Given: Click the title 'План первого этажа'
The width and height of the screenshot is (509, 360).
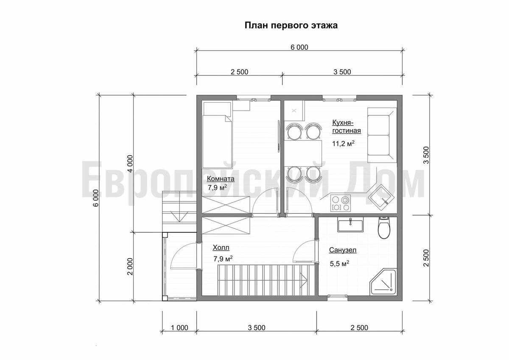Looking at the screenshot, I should pyautogui.click(x=291, y=26).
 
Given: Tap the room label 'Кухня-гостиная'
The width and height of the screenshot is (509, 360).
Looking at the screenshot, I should pyautogui.click(x=346, y=126).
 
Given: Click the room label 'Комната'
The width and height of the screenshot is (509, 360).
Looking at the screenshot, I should pyautogui.click(x=220, y=179).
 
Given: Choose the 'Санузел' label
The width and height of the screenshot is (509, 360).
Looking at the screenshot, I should pyautogui.click(x=343, y=250).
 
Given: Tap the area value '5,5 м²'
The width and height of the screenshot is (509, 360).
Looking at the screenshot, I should pyautogui.click(x=339, y=264).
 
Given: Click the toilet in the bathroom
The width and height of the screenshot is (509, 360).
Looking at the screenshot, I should pyautogui.click(x=384, y=228).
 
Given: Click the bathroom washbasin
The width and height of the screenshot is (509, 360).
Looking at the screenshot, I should pyautogui.click(x=351, y=225).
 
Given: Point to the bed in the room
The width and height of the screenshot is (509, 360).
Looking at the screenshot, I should pyautogui.click(x=217, y=136).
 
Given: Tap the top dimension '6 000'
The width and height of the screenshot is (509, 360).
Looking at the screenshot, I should pyautogui.click(x=299, y=47).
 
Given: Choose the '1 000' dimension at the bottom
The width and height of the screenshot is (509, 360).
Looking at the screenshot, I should pyautogui.click(x=179, y=327).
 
